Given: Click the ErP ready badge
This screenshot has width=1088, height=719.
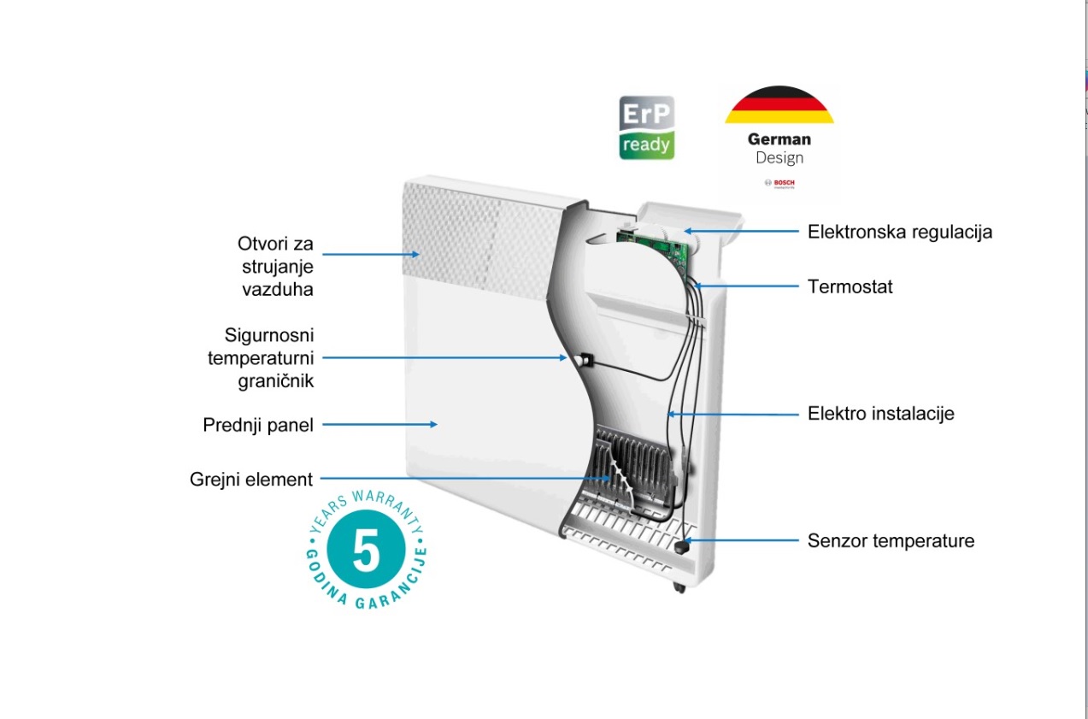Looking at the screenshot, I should [646, 127].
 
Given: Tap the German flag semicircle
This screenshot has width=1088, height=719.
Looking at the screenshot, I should [779, 105].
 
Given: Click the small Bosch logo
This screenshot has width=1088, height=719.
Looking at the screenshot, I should [779, 184].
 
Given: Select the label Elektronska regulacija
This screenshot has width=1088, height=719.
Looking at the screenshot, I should [900, 232].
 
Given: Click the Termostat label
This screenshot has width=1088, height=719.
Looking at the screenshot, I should [850, 286].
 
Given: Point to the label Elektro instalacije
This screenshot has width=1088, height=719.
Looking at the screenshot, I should [880, 414].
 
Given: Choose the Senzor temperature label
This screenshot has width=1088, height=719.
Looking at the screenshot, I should [891, 540].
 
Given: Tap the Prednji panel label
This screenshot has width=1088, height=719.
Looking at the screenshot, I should [258, 425].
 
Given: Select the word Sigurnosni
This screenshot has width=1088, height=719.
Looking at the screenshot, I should [269, 335].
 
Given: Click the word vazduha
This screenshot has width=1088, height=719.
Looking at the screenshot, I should [278, 289].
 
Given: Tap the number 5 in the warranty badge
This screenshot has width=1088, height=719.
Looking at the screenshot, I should [366, 553].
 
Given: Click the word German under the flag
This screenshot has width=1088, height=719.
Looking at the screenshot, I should [779, 138].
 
